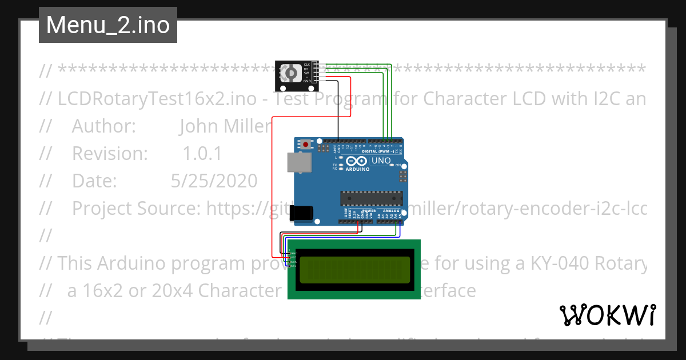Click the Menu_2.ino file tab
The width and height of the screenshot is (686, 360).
coord(108,25)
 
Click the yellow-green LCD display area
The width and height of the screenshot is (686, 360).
coord(354,270)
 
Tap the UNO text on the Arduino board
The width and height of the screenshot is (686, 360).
coord(381,161)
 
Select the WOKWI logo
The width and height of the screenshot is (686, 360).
coord(608,315)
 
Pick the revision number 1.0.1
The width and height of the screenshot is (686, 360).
coord(202,154)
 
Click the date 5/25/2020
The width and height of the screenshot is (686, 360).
coord(214,181)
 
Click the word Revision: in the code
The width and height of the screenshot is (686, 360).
coord(110,154)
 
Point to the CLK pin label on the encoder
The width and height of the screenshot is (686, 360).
coord(307,64)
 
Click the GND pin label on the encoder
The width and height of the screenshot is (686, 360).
coord(307,81)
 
